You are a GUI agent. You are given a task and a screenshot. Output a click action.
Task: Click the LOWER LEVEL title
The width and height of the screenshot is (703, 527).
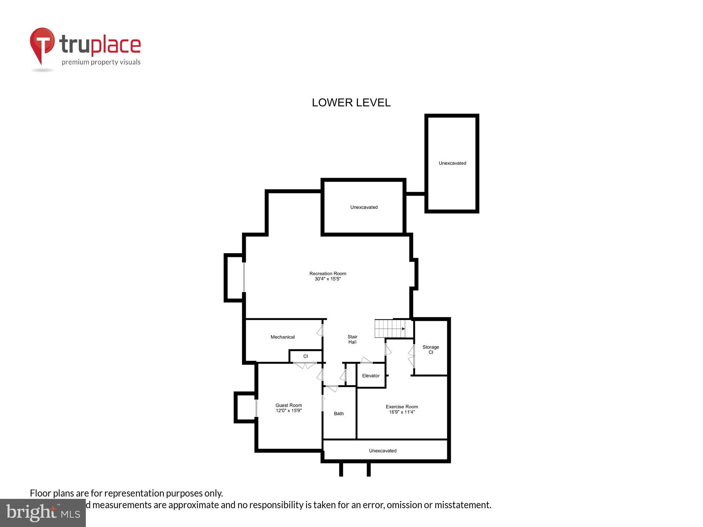[x=351, y=103]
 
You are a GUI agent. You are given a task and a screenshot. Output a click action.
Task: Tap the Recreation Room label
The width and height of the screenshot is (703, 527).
[x=328, y=273]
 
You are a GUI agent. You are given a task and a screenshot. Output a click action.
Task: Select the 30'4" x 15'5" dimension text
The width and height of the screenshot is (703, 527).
[x=328, y=279]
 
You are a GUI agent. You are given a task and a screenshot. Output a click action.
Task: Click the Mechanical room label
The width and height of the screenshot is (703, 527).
[x=283, y=337]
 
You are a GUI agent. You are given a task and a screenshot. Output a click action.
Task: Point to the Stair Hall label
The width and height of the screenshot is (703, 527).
[x=353, y=339]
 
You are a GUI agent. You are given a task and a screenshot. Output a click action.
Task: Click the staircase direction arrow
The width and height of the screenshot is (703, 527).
[x=403, y=329]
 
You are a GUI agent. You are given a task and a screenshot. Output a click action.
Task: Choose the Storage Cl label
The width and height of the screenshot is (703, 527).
[x=431, y=350]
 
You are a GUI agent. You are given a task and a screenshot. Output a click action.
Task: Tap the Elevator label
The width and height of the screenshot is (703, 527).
[x=371, y=376]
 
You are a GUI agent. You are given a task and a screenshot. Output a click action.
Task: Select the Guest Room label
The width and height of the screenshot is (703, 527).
[x=289, y=405]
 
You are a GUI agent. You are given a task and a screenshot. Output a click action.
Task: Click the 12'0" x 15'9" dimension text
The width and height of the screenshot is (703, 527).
[x=289, y=411]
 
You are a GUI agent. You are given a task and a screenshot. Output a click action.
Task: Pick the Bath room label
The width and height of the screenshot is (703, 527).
[x=339, y=413]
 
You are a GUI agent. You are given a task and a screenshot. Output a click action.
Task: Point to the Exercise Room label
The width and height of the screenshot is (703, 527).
[x=402, y=407]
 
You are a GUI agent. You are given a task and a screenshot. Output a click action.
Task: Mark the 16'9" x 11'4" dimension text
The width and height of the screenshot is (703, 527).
[x=402, y=412]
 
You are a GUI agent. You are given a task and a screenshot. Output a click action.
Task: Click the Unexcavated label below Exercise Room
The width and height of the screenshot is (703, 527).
[x=383, y=450]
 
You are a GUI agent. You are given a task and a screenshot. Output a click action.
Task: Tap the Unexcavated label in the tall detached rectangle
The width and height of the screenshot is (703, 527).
[x=452, y=163]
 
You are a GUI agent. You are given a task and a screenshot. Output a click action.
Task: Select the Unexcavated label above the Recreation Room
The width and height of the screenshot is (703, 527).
[x=364, y=207]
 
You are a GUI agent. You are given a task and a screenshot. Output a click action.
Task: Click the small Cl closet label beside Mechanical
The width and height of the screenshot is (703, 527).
[x=306, y=356]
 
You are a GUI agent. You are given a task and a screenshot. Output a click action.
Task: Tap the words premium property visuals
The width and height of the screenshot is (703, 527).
[x=101, y=62]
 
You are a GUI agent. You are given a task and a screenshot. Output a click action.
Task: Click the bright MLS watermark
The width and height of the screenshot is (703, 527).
[x=43, y=513]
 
